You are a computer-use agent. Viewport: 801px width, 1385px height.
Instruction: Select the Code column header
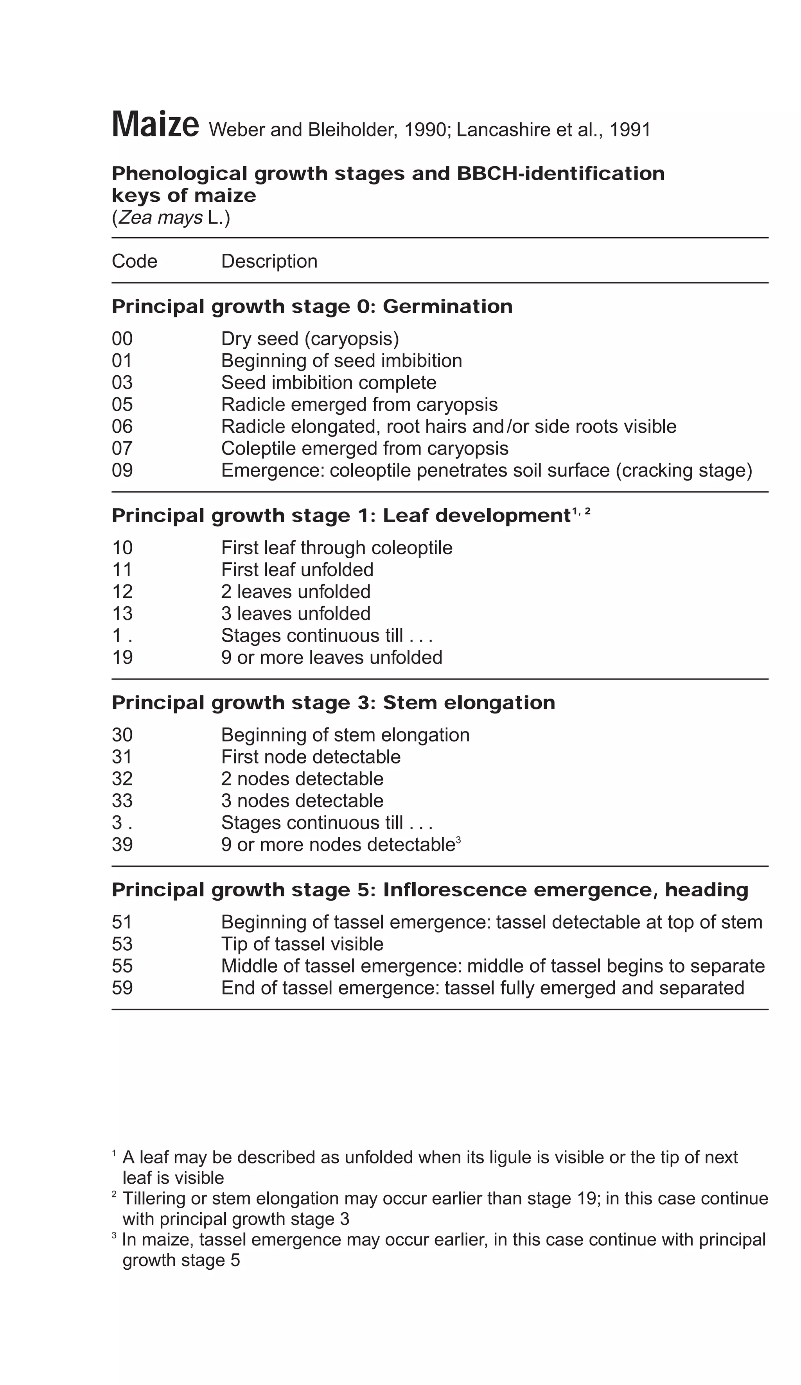tap(134, 261)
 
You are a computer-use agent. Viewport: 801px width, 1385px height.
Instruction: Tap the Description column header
tap(269, 261)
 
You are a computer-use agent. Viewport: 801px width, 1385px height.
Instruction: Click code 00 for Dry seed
tap(122, 339)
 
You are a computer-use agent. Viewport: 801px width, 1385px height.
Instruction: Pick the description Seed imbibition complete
tap(328, 383)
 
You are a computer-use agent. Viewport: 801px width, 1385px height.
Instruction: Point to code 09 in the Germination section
tap(122, 470)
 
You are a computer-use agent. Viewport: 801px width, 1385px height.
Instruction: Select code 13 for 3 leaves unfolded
tap(122, 613)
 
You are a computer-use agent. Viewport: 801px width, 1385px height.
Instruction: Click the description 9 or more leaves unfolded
tap(332, 658)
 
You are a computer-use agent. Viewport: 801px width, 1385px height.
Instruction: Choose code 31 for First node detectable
tap(122, 757)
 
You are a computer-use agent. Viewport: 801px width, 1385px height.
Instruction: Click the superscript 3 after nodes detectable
tap(458, 840)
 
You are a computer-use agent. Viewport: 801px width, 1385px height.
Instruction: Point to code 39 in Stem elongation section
tap(122, 845)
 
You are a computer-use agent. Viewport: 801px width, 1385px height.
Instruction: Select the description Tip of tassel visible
tap(302, 944)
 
